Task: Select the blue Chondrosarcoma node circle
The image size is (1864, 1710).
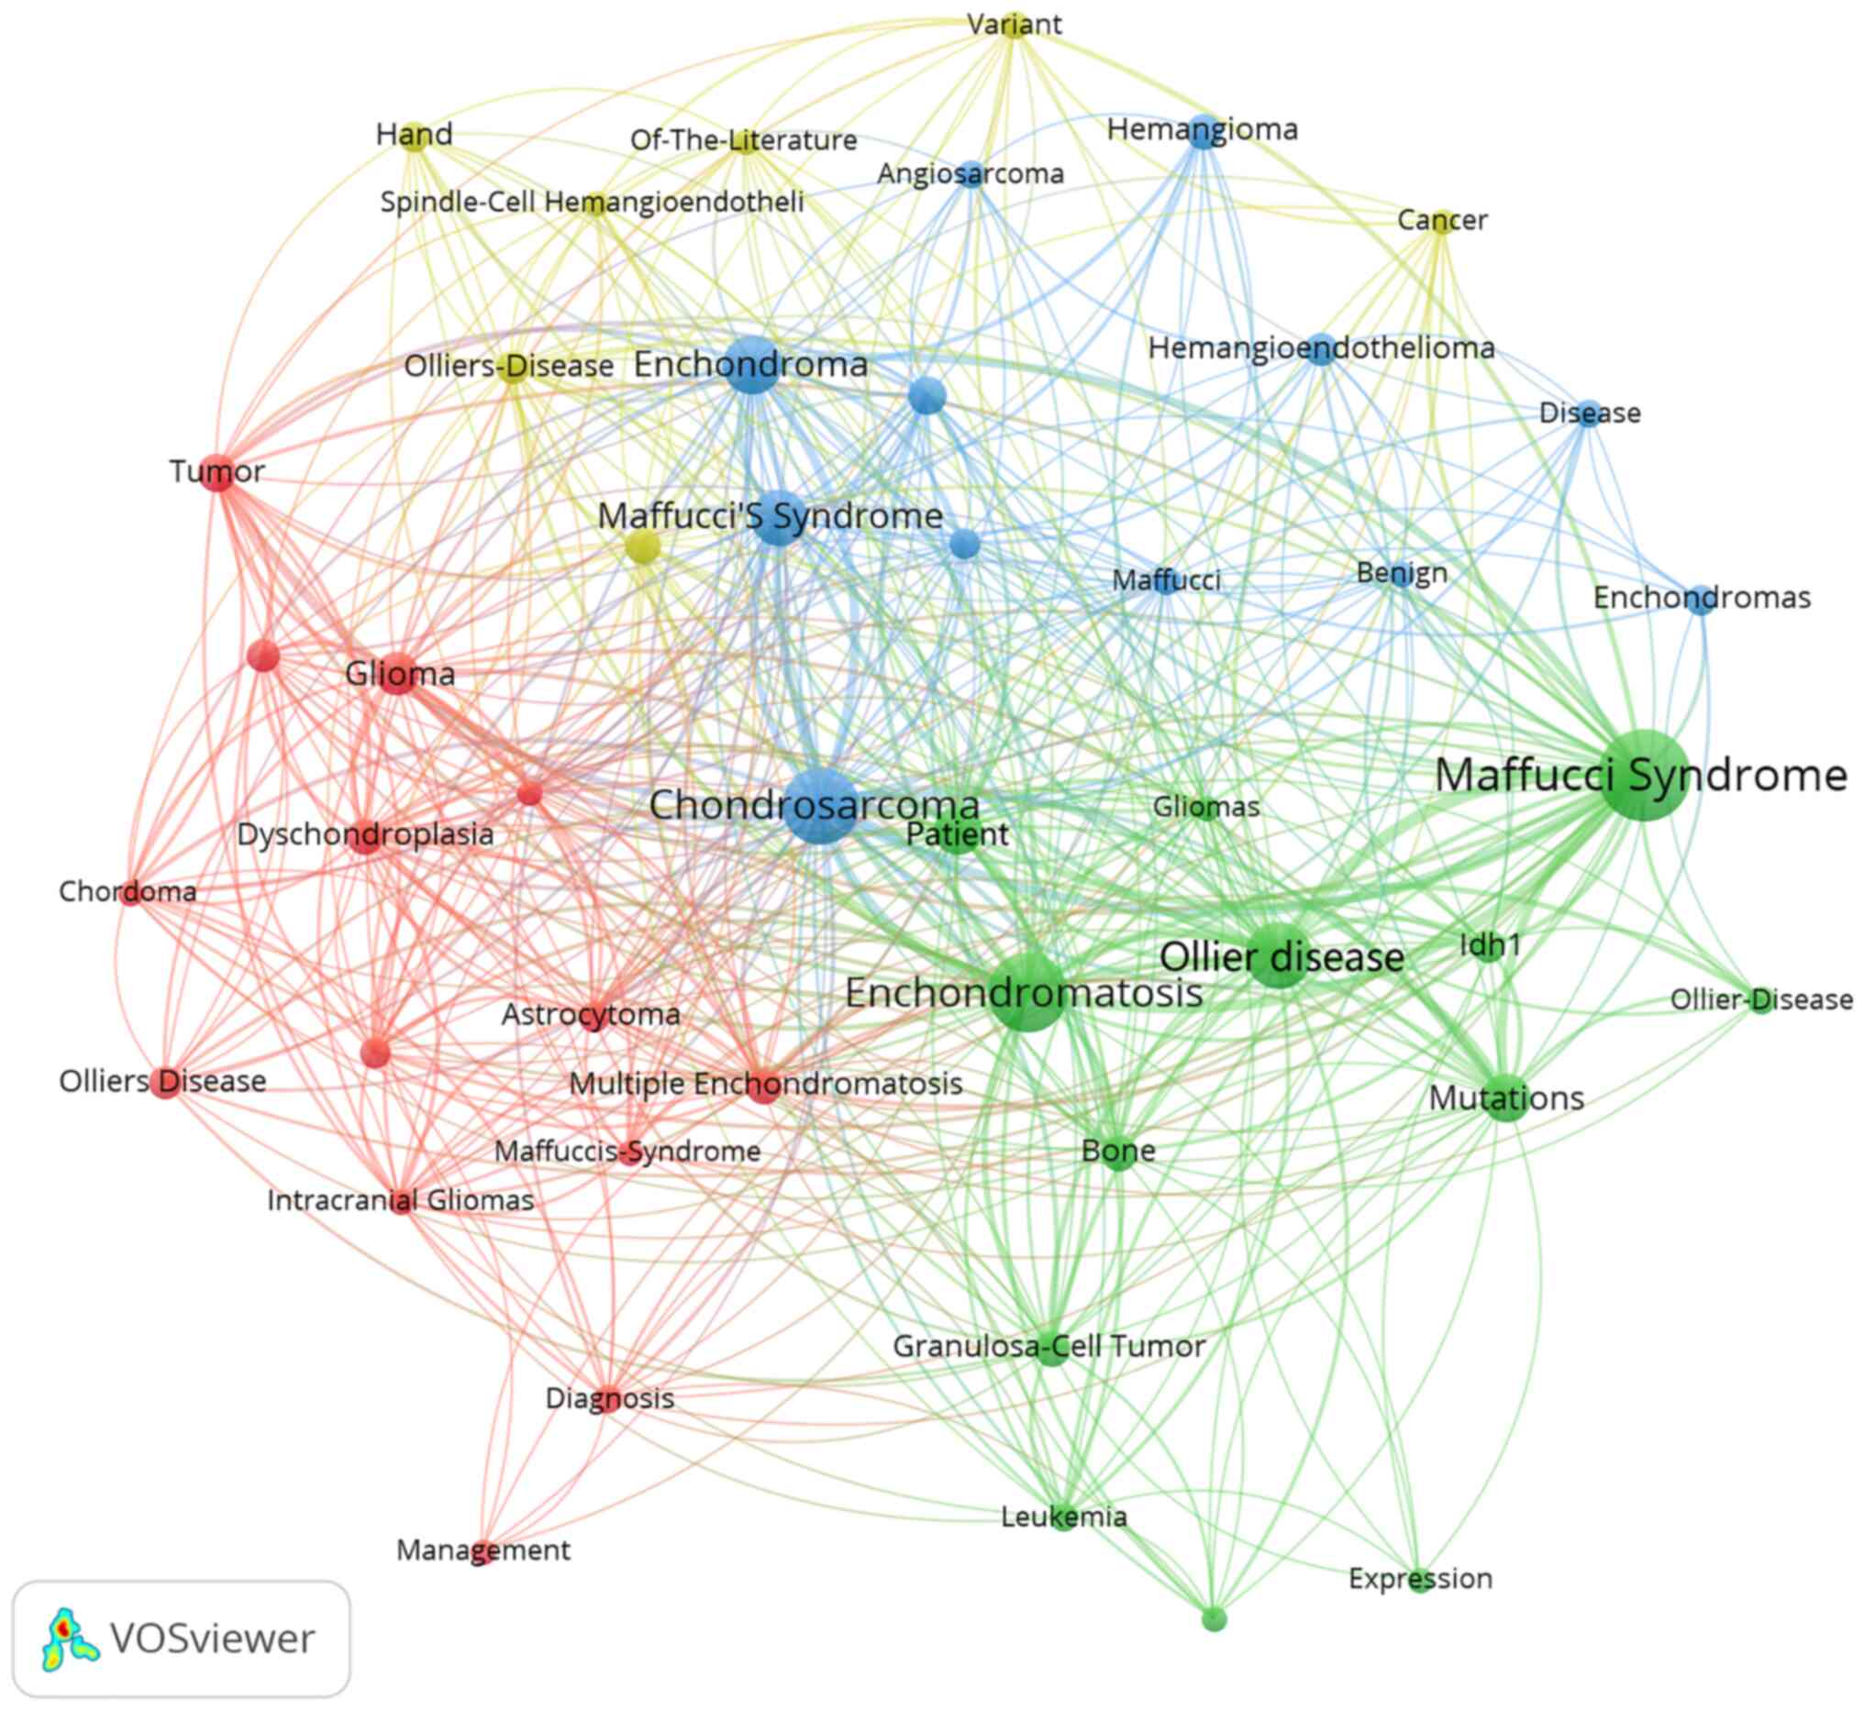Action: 820,806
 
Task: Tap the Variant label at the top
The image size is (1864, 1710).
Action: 1015,24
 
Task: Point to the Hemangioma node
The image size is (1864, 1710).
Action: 1203,130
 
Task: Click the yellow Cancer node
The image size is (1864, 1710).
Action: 1440,221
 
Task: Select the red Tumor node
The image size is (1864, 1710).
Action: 217,473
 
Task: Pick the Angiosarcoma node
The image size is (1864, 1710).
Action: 971,174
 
